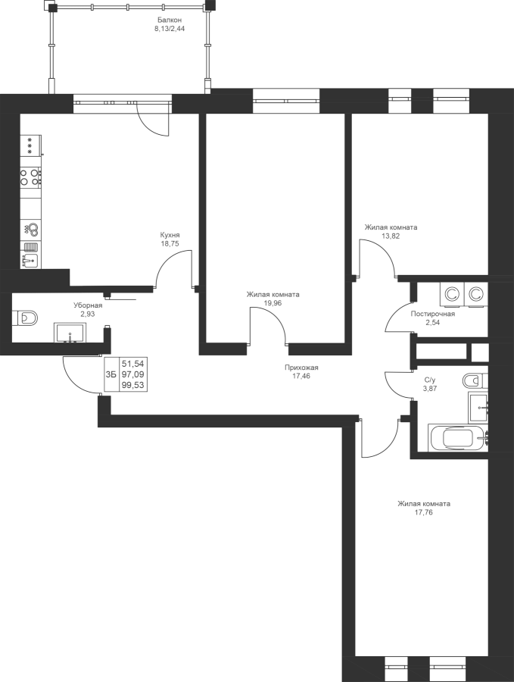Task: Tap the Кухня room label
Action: [170, 235]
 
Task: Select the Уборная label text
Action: [88, 305]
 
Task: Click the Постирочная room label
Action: [431, 313]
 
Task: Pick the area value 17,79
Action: [424, 512]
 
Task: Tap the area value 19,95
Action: [273, 303]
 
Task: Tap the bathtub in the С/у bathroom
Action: [456, 439]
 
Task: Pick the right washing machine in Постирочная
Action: [477, 293]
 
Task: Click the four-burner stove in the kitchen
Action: [31, 179]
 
